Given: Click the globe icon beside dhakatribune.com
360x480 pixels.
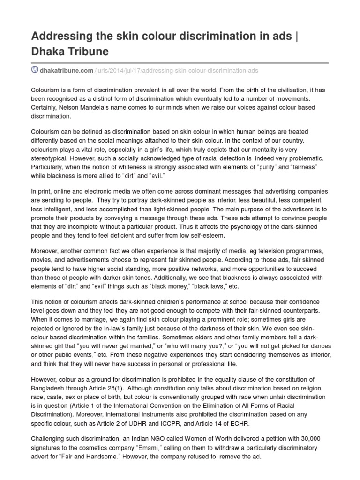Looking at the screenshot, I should pos(35,70).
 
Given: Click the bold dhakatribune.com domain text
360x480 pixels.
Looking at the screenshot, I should pos(67,70).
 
